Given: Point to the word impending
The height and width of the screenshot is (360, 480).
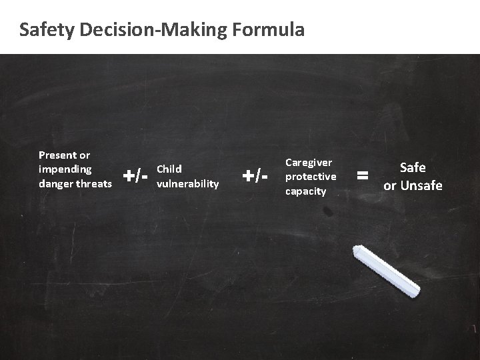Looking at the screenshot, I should pos(65,169).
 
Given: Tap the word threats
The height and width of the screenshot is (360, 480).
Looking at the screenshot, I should pos(95,183).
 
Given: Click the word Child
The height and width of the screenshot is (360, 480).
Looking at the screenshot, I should pos(169,169).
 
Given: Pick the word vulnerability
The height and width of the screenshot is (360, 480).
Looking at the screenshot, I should pos(187,183).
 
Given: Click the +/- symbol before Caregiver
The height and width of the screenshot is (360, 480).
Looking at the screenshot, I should pos(255,176).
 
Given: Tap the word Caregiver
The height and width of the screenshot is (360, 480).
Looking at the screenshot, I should pos(309,162).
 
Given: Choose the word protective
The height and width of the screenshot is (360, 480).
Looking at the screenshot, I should pos(311,176).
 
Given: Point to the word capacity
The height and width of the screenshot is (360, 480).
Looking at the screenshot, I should pos(305,191).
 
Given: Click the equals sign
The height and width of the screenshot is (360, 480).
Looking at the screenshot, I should pos(363,176).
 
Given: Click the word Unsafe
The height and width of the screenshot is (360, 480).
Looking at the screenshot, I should pos(422,185).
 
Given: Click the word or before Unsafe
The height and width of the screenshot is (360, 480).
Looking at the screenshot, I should pos(390,185).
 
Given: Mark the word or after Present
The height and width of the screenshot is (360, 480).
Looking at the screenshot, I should pos(84,155).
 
